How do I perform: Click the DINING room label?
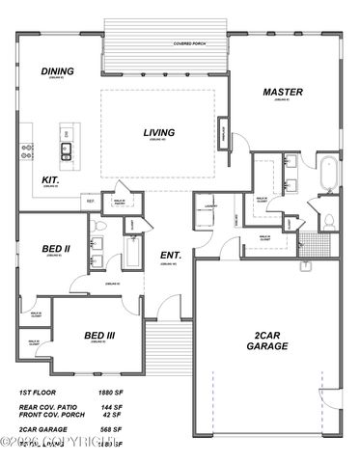[x=58, y=71]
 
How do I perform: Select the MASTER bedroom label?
[x=283, y=93]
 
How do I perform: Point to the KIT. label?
[x=51, y=179]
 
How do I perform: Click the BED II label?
[x=55, y=249]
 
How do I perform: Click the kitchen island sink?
[x=67, y=149]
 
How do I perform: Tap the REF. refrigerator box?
[x=89, y=202]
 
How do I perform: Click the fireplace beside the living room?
[x=223, y=129]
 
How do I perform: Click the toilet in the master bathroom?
[x=327, y=221]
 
